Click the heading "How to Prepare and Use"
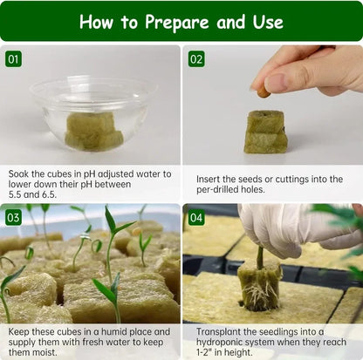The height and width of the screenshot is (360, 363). [x=181, y=21]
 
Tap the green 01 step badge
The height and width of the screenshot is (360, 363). [x=13, y=59]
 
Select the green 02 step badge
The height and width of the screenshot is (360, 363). [x=196, y=59]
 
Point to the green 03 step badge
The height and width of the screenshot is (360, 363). [x=13, y=217]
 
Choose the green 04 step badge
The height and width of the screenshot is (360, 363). [x=196, y=217]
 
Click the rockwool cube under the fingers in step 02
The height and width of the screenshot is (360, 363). [x=265, y=132]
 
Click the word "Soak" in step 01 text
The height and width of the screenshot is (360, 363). [x=21, y=173]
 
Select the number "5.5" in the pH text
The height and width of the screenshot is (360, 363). [x=19, y=198]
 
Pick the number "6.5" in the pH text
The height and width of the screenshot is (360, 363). [x=65, y=198]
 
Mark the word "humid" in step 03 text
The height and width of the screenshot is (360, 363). [x=114, y=331]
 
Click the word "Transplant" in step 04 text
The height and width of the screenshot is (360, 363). [x=219, y=331]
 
